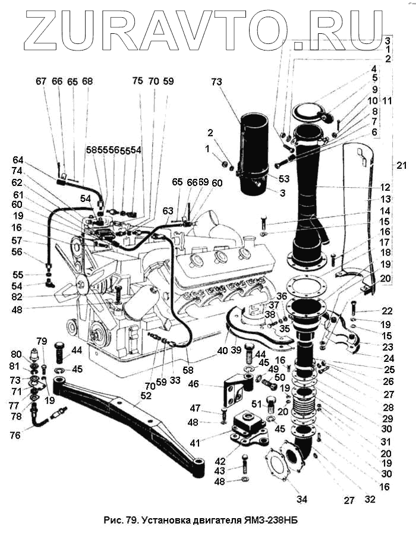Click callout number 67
click(x=40, y=81)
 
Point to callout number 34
click(x=302, y=499)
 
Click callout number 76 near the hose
click(x=15, y=436)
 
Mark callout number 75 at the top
click(x=137, y=81)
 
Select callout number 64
click(x=17, y=159)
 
